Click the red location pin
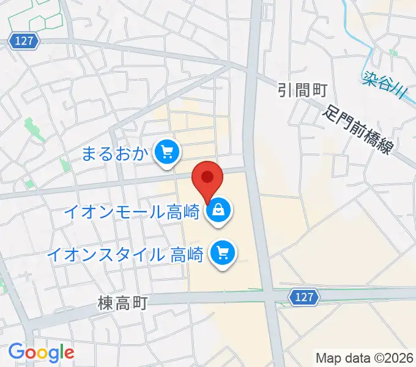[x=207, y=179]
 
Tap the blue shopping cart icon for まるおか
[x=166, y=152]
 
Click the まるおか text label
[x=116, y=153]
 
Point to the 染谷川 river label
[x=384, y=85]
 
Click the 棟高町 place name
[x=122, y=303]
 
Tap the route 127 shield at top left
[x=24, y=41]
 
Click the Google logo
[x=41, y=352]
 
